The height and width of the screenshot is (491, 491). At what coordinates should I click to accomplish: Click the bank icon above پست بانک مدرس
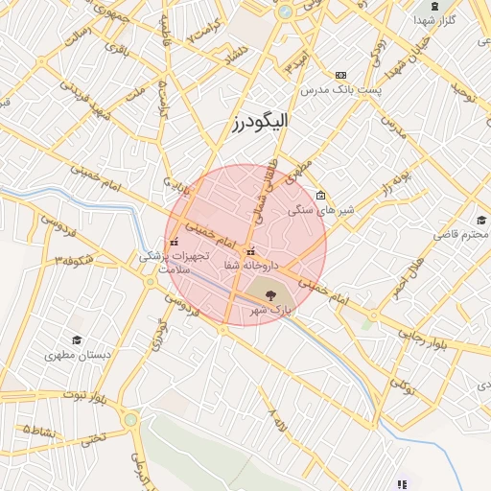click(340, 75)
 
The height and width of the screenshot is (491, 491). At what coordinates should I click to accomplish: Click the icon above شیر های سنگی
click(320, 195)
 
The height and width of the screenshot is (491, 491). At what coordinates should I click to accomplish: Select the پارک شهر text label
click(269, 311)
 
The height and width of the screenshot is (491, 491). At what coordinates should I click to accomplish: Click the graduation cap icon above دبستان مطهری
click(76, 339)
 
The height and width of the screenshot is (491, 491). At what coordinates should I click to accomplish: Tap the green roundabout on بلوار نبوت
click(130, 419)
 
